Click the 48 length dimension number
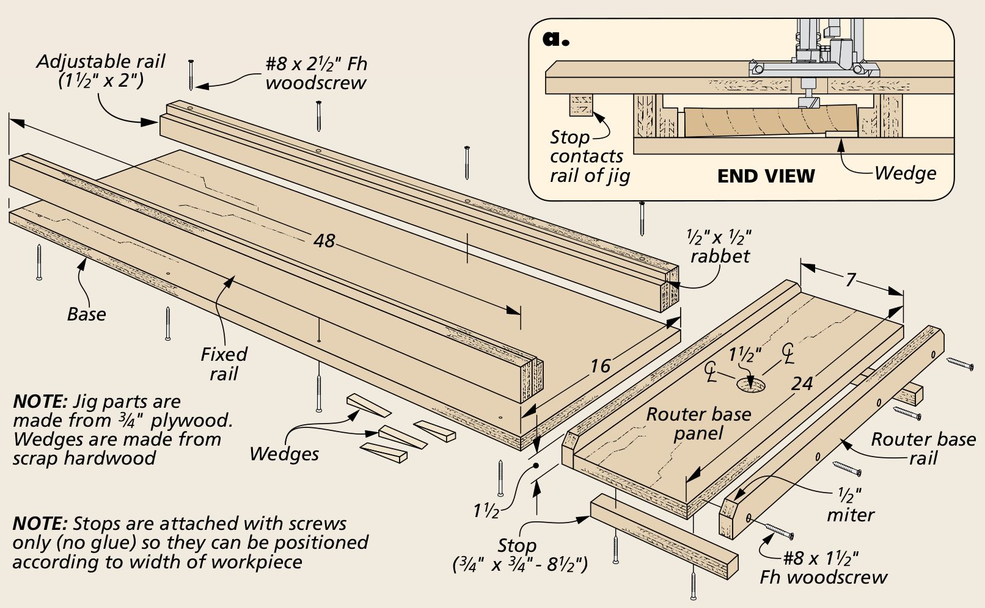tap(324, 241)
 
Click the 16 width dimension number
tap(599, 366)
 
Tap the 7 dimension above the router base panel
tap(850, 280)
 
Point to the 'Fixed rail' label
tap(224, 364)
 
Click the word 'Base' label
tap(86, 314)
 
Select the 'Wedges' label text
tap(284, 454)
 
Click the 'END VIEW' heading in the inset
tap(766, 176)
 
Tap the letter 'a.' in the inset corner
tap(555, 38)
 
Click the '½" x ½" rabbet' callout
tap(719, 246)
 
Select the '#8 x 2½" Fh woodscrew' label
tap(316, 73)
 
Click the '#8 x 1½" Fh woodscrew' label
tap(822, 568)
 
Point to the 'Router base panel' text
tap(698, 424)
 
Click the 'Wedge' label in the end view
tap(905, 173)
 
